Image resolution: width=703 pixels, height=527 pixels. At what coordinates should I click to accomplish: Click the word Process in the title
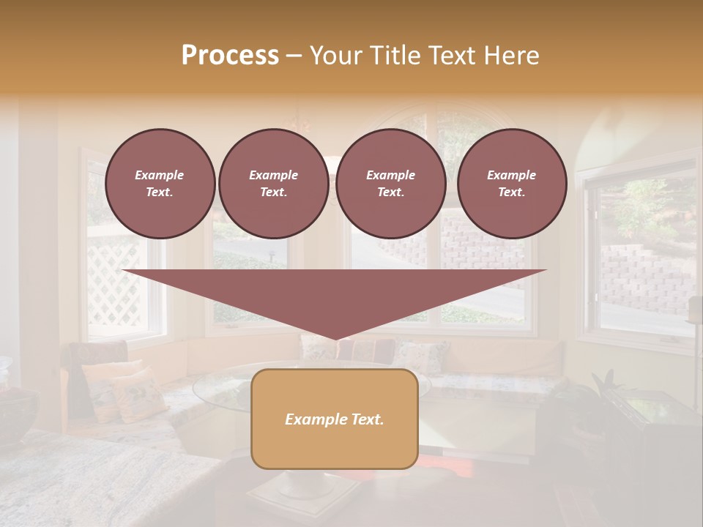tap(230, 56)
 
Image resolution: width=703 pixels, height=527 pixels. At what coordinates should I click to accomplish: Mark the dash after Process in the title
tap(294, 56)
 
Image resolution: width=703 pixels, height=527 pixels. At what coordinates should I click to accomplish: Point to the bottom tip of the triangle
tap(335, 337)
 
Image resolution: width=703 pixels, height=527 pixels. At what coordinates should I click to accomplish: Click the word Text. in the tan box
tap(368, 419)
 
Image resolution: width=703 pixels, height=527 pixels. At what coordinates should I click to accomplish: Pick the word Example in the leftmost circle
tap(160, 175)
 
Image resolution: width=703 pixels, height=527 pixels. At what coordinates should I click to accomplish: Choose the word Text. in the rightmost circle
tap(512, 193)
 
